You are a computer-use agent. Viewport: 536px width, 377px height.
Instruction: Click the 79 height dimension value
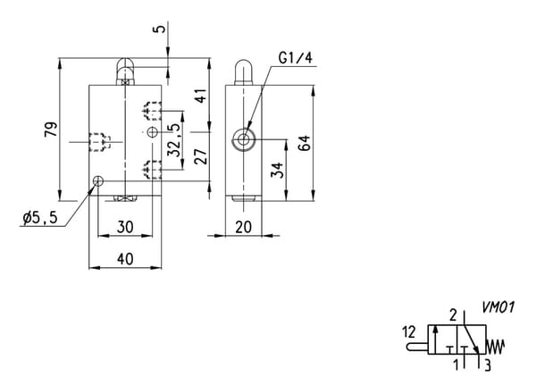point(51,130)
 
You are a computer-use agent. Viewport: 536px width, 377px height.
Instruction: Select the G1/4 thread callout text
point(296,58)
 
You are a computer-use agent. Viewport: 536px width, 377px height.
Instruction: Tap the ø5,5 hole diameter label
point(40,218)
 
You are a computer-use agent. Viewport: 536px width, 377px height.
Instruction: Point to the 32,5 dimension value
point(174,139)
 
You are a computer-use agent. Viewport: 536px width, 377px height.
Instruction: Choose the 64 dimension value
point(305,143)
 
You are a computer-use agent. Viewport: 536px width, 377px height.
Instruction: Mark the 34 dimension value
point(277,170)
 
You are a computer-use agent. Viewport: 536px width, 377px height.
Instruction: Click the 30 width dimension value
point(125,227)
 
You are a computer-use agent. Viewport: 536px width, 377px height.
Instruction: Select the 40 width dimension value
point(125,259)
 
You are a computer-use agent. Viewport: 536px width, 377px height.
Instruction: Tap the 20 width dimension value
point(243,227)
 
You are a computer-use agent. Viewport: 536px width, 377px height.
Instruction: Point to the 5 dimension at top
point(160,29)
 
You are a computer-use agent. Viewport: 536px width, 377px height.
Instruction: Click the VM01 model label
point(498,307)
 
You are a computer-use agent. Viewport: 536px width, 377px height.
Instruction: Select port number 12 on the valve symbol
point(409,331)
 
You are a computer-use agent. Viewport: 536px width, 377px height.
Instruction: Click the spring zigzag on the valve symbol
point(495,347)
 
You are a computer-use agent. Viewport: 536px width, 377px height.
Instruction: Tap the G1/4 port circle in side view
point(243,139)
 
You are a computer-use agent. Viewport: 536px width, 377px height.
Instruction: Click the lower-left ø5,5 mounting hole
point(98,180)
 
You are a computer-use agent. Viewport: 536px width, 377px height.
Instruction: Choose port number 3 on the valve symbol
point(488,365)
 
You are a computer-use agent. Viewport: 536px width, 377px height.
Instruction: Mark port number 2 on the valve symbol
point(453,315)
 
